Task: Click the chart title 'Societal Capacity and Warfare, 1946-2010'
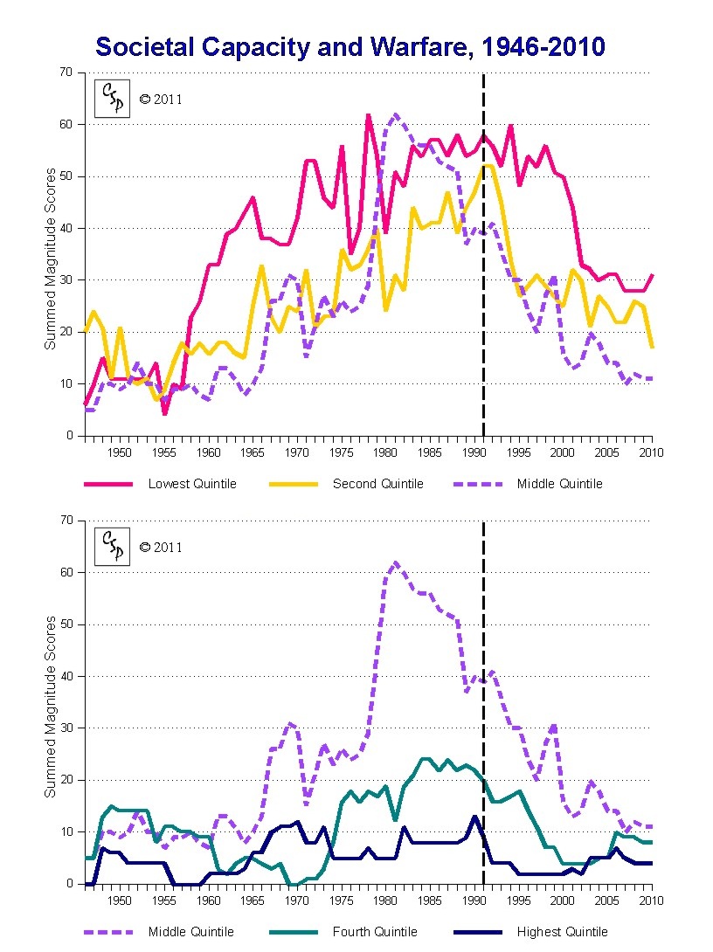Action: (x=350, y=46)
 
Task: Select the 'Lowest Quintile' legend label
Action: (x=192, y=484)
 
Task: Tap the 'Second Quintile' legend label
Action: (x=377, y=484)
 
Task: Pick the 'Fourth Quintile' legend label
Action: (x=375, y=932)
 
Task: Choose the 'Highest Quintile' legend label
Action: (x=562, y=932)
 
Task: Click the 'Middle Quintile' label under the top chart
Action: (x=559, y=484)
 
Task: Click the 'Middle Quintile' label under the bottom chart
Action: (x=191, y=932)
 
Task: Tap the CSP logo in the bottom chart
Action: (x=113, y=547)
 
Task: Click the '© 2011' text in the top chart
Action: (x=162, y=100)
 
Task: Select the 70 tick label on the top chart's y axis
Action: (x=66, y=72)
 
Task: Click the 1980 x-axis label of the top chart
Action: (x=385, y=452)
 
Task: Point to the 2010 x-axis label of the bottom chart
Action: (x=651, y=900)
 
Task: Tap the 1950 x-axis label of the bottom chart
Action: (x=119, y=900)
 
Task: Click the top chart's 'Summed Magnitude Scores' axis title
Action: (x=51, y=259)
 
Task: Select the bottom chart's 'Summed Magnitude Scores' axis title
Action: (x=51, y=706)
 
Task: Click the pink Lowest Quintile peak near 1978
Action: (x=368, y=115)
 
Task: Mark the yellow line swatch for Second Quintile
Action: (x=292, y=484)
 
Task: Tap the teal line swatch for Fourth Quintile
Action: (x=292, y=932)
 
